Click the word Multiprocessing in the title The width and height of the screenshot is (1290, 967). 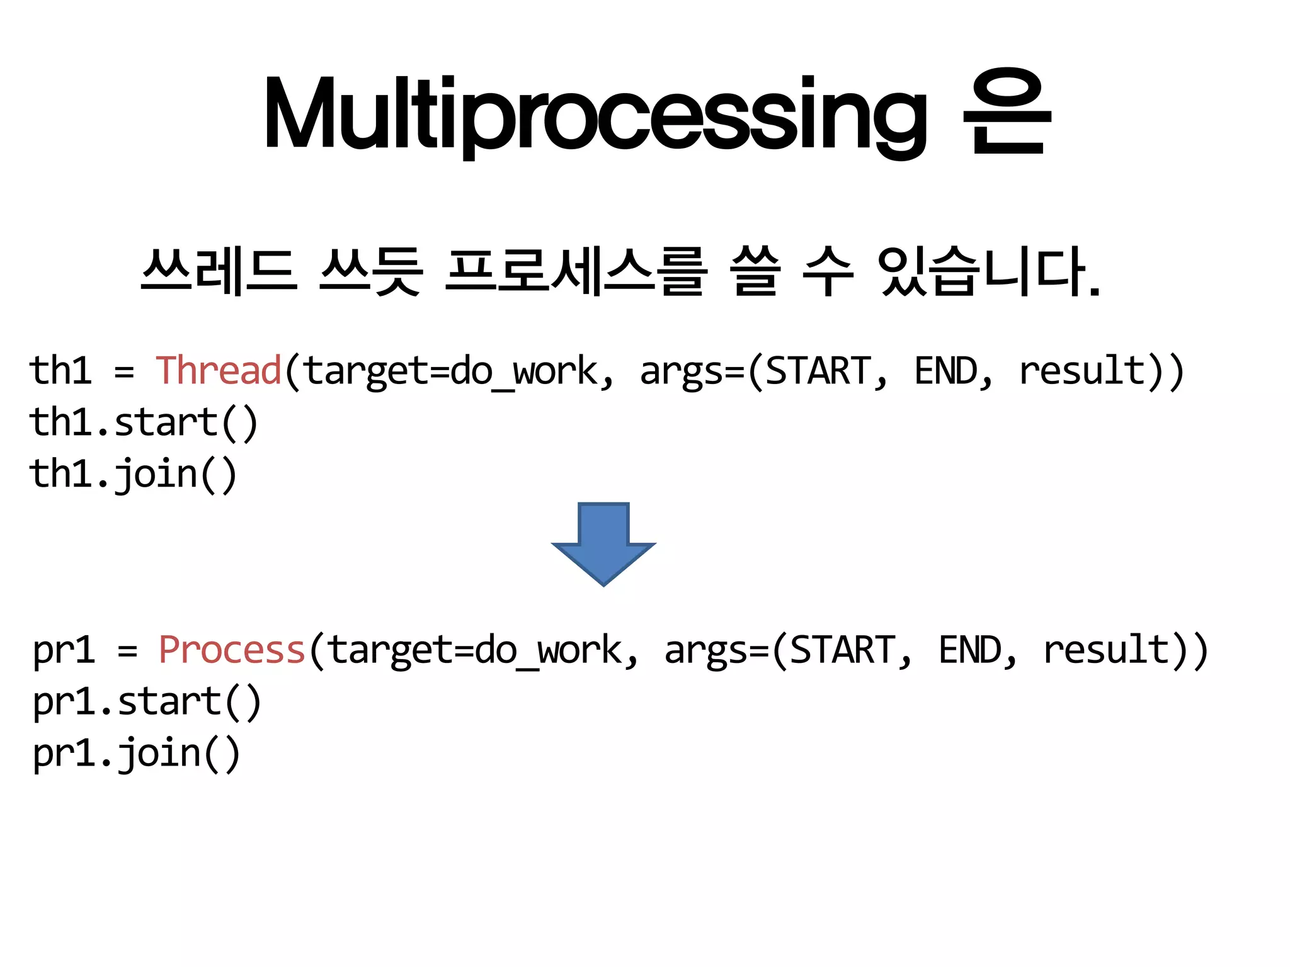[595, 113]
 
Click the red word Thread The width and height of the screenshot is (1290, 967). [218, 370]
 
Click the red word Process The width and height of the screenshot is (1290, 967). [232, 650]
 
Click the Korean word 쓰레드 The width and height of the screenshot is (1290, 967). [219, 272]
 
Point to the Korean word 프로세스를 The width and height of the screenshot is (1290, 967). [575, 272]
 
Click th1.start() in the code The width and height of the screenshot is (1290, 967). [144, 422]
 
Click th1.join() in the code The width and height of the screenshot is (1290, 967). [133, 473]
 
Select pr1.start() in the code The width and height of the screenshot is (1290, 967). [147, 701]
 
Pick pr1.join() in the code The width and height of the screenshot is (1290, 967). [136, 753]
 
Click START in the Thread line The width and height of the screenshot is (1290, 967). [818, 370]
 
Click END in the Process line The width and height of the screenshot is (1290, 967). [969, 650]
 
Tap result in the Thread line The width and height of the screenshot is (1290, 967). [1081, 370]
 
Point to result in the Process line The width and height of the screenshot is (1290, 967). [1105, 650]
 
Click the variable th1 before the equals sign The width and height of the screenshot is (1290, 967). [60, 370]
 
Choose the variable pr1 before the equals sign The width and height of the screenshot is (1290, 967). [64, 651]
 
